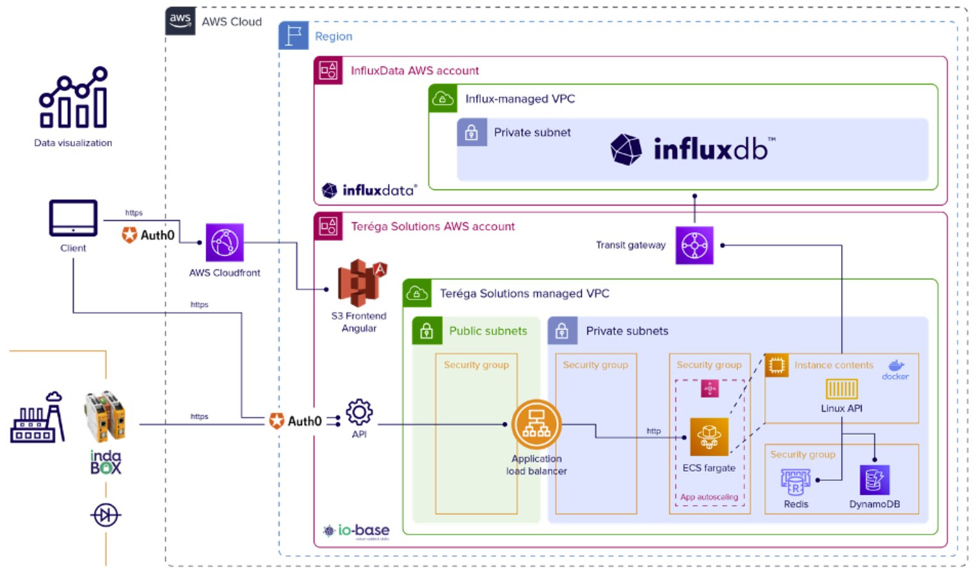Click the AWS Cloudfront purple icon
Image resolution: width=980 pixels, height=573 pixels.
225,243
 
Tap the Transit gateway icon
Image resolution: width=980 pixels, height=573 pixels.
695,245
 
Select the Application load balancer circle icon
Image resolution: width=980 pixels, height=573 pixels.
536,425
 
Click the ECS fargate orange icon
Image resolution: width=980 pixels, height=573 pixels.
709,437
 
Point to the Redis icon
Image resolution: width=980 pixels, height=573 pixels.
795,481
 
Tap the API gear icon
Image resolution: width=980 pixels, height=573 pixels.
359,413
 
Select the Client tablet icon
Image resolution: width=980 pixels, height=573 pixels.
73,218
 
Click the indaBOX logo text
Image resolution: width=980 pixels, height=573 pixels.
106,462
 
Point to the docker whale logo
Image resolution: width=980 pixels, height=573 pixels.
896,366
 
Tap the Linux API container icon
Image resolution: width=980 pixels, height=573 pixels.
841,389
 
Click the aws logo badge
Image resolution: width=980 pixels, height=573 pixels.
181,20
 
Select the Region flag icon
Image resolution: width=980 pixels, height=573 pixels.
294,36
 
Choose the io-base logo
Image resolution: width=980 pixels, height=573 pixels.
357,531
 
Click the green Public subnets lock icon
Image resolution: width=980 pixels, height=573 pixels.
427,331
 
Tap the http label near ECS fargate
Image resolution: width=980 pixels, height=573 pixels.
653,431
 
